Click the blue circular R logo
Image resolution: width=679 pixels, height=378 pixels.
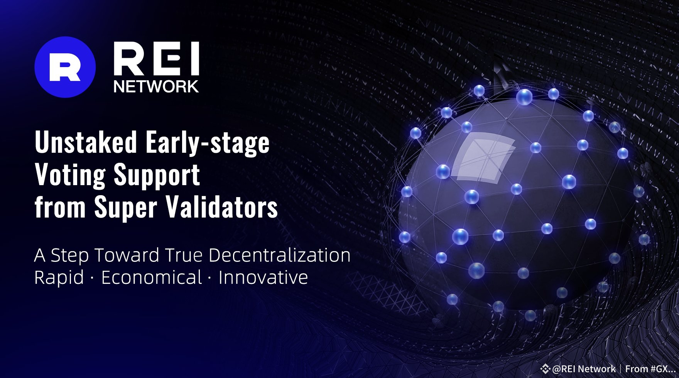click(x=65, y=67)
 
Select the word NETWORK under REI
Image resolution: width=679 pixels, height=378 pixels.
click(x=156, y=86)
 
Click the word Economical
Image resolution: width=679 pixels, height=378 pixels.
click(x=152, y=277)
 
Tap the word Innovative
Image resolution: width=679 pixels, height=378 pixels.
click(x=263, y=277)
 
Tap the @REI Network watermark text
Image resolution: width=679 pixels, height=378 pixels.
click(x=584, y=368)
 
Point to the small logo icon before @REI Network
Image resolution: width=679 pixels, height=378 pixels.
click(x=545, y=369)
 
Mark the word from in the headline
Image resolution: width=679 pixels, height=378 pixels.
click(x=59, y=208)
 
